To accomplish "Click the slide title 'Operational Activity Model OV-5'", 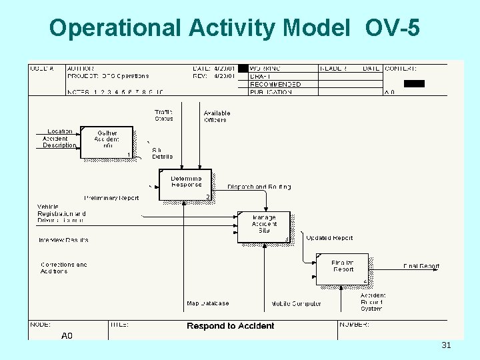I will (x=235, y=27).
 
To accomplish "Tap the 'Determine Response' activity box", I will (x=185, y=184).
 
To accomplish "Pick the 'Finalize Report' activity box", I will (x=343, y=269).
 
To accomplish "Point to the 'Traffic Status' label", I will (x=163, y=115).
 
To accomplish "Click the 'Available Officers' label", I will (x=217, y=116).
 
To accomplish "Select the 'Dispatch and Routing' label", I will (x=259, y=187).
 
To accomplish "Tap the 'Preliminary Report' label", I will (x=111, y=198).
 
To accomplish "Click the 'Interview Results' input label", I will (x=63, y=240).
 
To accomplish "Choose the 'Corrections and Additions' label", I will (x=63, y=268).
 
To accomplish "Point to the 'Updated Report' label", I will (x=329, y=238).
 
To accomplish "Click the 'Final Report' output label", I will (x=421, y=267).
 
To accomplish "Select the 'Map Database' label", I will (x=207, y=303).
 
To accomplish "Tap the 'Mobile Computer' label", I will (x=296, y=304).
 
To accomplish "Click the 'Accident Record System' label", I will (x=373, y=302).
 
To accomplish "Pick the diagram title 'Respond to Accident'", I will (x=231, y=326).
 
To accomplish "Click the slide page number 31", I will (x=446, y=345).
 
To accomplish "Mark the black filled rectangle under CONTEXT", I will (x=414, y=83).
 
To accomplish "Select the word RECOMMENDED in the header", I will (x=275, y=85).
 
